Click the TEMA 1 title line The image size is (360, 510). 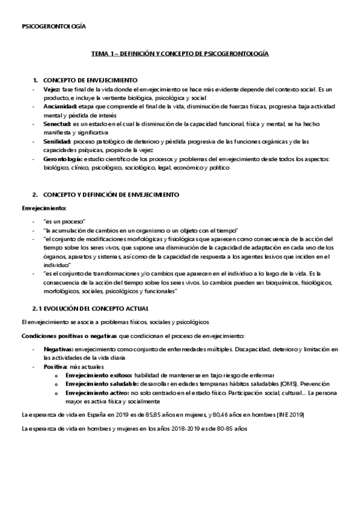(x=180, y=54)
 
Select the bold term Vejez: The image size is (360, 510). (x=52, y=89)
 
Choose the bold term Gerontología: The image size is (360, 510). (x=64, y=159)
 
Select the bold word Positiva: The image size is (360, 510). (x=57, y=366)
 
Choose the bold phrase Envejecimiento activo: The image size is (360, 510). (x=97, y=392)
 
